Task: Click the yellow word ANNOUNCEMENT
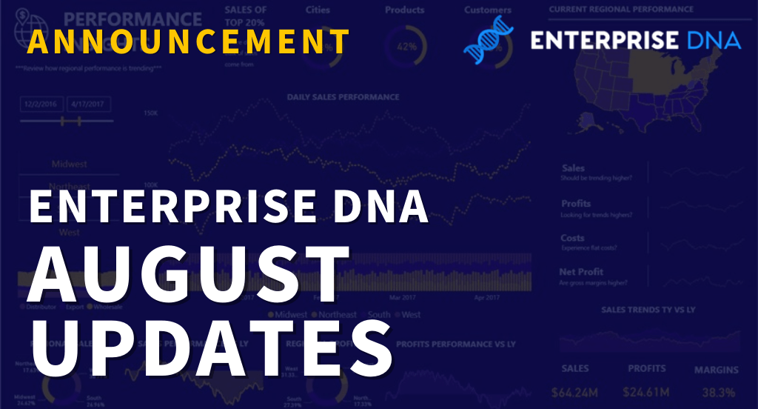189,41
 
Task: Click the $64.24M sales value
575,391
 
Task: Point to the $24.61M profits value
646,391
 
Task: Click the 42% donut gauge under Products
406,45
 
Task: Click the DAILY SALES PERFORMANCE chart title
343,97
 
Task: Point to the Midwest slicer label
68,164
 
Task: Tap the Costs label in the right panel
572,239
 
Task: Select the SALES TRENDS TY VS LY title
648,309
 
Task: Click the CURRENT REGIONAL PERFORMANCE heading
622,10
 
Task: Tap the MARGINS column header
716,369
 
